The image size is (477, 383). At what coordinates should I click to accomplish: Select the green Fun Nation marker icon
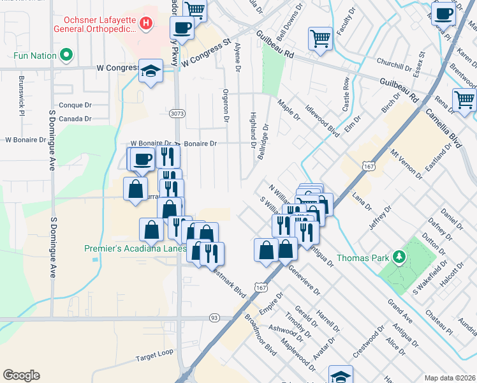[65, 56]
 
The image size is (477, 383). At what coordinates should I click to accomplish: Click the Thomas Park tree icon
[400, 257]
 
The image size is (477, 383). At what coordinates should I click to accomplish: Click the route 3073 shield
[177, 114]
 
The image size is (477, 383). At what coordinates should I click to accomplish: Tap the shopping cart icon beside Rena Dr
[464, 100]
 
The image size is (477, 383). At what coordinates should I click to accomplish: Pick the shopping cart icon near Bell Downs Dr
[320, 38]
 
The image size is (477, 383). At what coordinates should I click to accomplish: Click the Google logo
[21, 375]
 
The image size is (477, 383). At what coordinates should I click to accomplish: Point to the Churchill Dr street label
[395, 66]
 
